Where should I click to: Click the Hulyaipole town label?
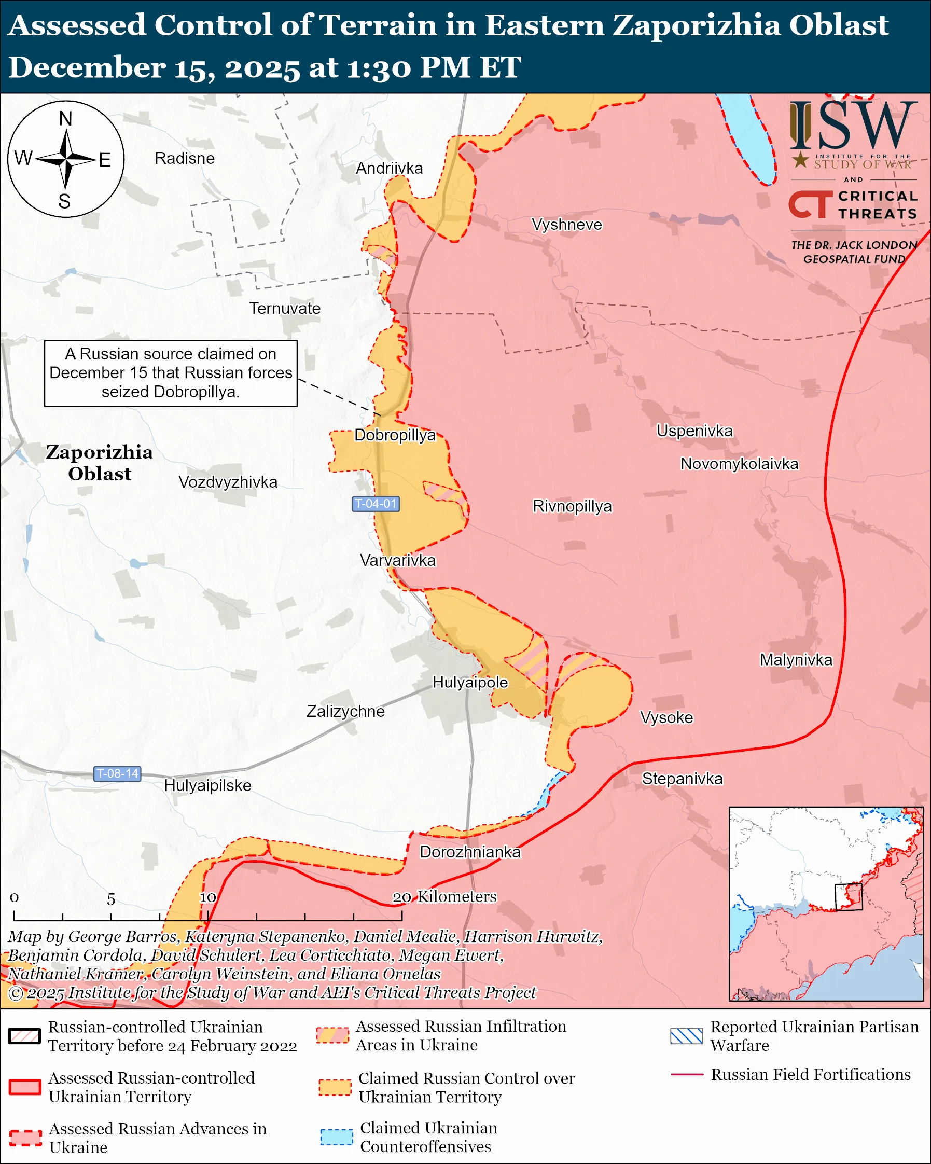[470, 683]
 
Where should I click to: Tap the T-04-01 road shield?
[376, 504]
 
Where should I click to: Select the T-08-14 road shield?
[117, 773]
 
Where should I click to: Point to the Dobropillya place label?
[395, 435]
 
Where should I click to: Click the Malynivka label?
[796, 660]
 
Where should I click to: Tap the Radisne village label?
[185, 158]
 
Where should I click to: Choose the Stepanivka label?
[682, 779]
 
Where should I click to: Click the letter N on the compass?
[65, 119]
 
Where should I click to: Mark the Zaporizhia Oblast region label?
[99, 463]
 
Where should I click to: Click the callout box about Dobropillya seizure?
[171, 373]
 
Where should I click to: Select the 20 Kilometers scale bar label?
[443, 897]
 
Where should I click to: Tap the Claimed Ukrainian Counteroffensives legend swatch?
[336, 1137]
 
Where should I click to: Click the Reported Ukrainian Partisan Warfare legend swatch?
[686, 1036]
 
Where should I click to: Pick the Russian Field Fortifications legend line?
[687, 1075]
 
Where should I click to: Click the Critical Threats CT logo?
[810, 204]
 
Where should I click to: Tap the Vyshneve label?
[566, 225]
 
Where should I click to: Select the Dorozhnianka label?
[470, 852]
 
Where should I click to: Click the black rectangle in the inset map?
[849, 897]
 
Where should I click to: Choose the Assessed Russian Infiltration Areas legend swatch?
[332, 1035]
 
